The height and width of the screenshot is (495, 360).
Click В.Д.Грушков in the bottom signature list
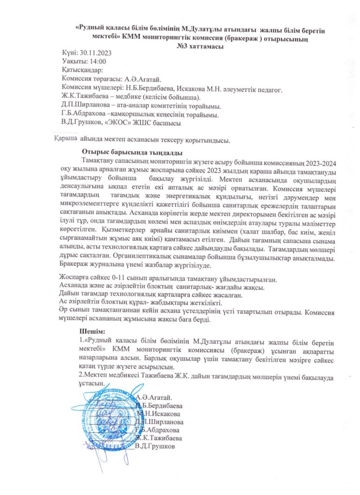point(154,446)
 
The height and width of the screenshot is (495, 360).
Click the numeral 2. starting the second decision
point(81,375)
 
